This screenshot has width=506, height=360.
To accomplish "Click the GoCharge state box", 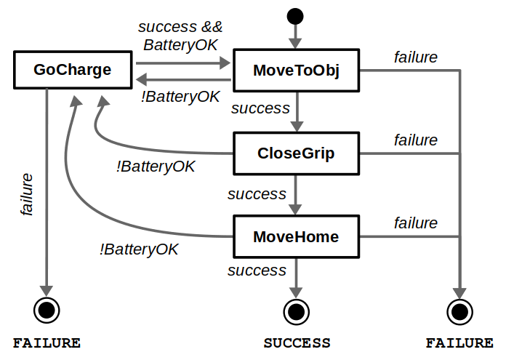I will (73, 71).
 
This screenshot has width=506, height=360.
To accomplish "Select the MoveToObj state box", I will (297, 71).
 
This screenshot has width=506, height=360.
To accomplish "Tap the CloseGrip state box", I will (297, 153).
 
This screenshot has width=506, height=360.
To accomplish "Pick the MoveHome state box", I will (297, 237).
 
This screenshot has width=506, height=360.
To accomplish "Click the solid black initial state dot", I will (295, 14).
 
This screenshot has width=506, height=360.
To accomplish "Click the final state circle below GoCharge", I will (47, 311).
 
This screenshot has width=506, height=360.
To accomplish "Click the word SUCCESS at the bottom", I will (297, 343).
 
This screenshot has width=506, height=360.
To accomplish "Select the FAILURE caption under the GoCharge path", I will (47, 343).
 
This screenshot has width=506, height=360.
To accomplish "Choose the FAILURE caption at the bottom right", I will (459, 343).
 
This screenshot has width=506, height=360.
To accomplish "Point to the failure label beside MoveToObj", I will (416, 57).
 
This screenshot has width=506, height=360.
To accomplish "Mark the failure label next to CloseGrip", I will (416, 140).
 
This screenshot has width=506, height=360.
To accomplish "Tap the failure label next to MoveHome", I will (416, 223).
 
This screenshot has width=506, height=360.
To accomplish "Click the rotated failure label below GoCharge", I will (27, 194).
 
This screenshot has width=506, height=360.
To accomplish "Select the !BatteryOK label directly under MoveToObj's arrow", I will (181, 96).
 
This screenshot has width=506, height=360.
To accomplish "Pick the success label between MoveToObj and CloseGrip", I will (260, 108).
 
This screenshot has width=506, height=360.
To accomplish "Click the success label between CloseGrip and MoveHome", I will (257, 194).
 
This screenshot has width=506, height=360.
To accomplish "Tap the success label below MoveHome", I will (257, 271).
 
